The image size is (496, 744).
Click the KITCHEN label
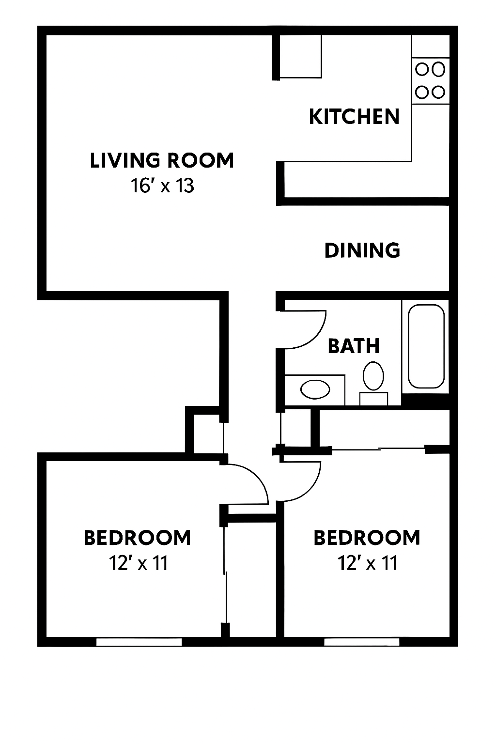[x=354, y=117]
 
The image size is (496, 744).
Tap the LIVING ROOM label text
[x=162, y=160]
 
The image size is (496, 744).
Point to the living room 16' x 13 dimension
[x=162, y=186]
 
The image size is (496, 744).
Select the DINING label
[x=362, y=250]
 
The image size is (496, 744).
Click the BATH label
[x=354, y=346]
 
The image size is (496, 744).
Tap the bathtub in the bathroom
[x=426, y=346]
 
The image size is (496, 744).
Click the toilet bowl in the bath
[x=373, y=376]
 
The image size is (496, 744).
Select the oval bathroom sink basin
[x=315, y=389]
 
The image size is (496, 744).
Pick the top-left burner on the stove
[x=422, y=70]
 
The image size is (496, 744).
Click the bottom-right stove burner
[x=438, y=93]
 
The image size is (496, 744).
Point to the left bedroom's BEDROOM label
[x=137, y=538]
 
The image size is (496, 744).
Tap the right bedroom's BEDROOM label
[x=367, y=538]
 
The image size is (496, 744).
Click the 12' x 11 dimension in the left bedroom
[x=138, y=563]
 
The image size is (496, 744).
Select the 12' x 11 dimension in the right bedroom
[x=368, y=563]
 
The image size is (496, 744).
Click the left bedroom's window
[x=139, y=642]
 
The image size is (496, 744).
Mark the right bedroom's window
[x=361, y=642]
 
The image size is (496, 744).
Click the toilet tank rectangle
[x=374, y=399]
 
